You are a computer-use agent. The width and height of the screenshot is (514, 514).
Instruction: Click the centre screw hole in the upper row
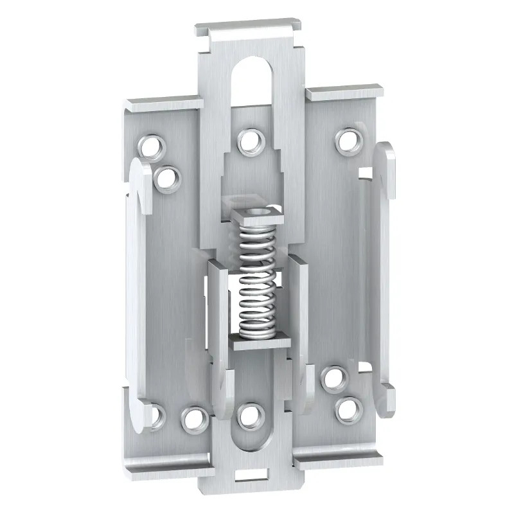(249, 142)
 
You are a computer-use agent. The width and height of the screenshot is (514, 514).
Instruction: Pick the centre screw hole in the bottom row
(247, 416)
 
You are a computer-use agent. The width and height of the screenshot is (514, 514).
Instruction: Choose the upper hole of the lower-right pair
(333, 378)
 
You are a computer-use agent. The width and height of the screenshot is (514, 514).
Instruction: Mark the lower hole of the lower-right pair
(348, 408)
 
